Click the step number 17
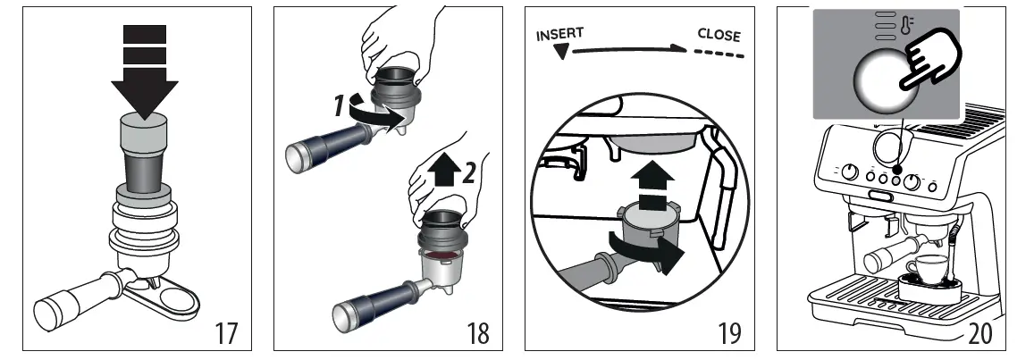coord(226,333)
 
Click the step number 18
coord(478,333)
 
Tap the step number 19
coord(729,333)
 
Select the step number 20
coord(980,333)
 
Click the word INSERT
coord(559,34)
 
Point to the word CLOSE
coord(719,35)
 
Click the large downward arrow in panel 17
coord(145,71)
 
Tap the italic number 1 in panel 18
coord(339,105)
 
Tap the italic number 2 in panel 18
coord(469,172)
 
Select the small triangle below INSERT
coord(561,52)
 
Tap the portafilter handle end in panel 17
coord(49,314)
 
